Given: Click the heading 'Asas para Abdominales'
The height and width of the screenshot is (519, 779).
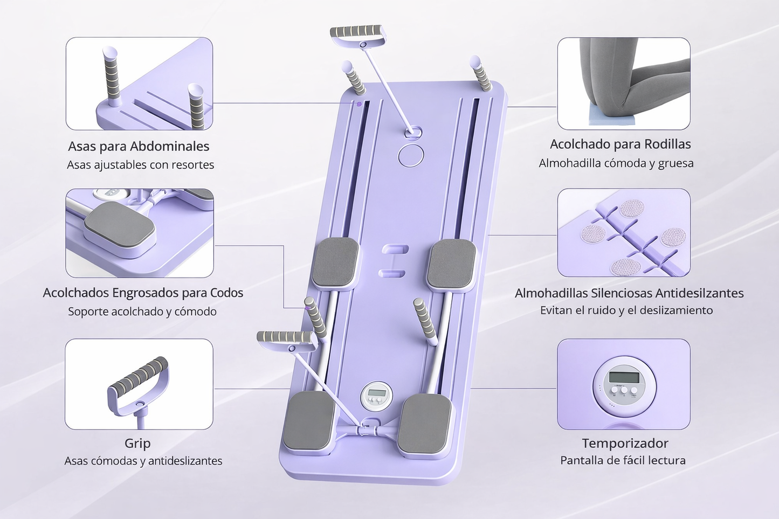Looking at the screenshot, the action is (x=139, y=147).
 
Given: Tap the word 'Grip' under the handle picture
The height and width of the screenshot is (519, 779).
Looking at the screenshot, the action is (x=137, y=443).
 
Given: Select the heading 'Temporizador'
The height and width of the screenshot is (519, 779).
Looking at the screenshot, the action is (x=625, y=443).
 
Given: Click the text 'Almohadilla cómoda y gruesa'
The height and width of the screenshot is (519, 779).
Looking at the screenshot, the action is (x=616, y=163).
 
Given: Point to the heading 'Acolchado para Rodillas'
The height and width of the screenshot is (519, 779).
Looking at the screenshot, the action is (x=620, y=144).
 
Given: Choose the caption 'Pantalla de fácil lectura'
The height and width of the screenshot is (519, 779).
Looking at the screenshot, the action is (x=623, y=461).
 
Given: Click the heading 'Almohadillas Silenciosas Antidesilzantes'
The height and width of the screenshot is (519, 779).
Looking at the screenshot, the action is (x=629, y=293).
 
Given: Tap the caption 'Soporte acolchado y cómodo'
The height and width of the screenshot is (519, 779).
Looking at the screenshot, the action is (x=142, y=311).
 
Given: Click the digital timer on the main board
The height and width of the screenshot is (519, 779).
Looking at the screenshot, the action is (x=376, y=396).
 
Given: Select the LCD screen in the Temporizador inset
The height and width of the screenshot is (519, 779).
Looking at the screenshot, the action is (x=624, y=377).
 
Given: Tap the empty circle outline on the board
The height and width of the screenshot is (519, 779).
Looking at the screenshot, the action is (x=411, y=156).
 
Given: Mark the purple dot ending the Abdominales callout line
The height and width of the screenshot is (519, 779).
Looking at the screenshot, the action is (x=359, y=103).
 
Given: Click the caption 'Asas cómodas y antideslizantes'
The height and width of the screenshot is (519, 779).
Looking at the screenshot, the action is (x=143, y=461).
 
